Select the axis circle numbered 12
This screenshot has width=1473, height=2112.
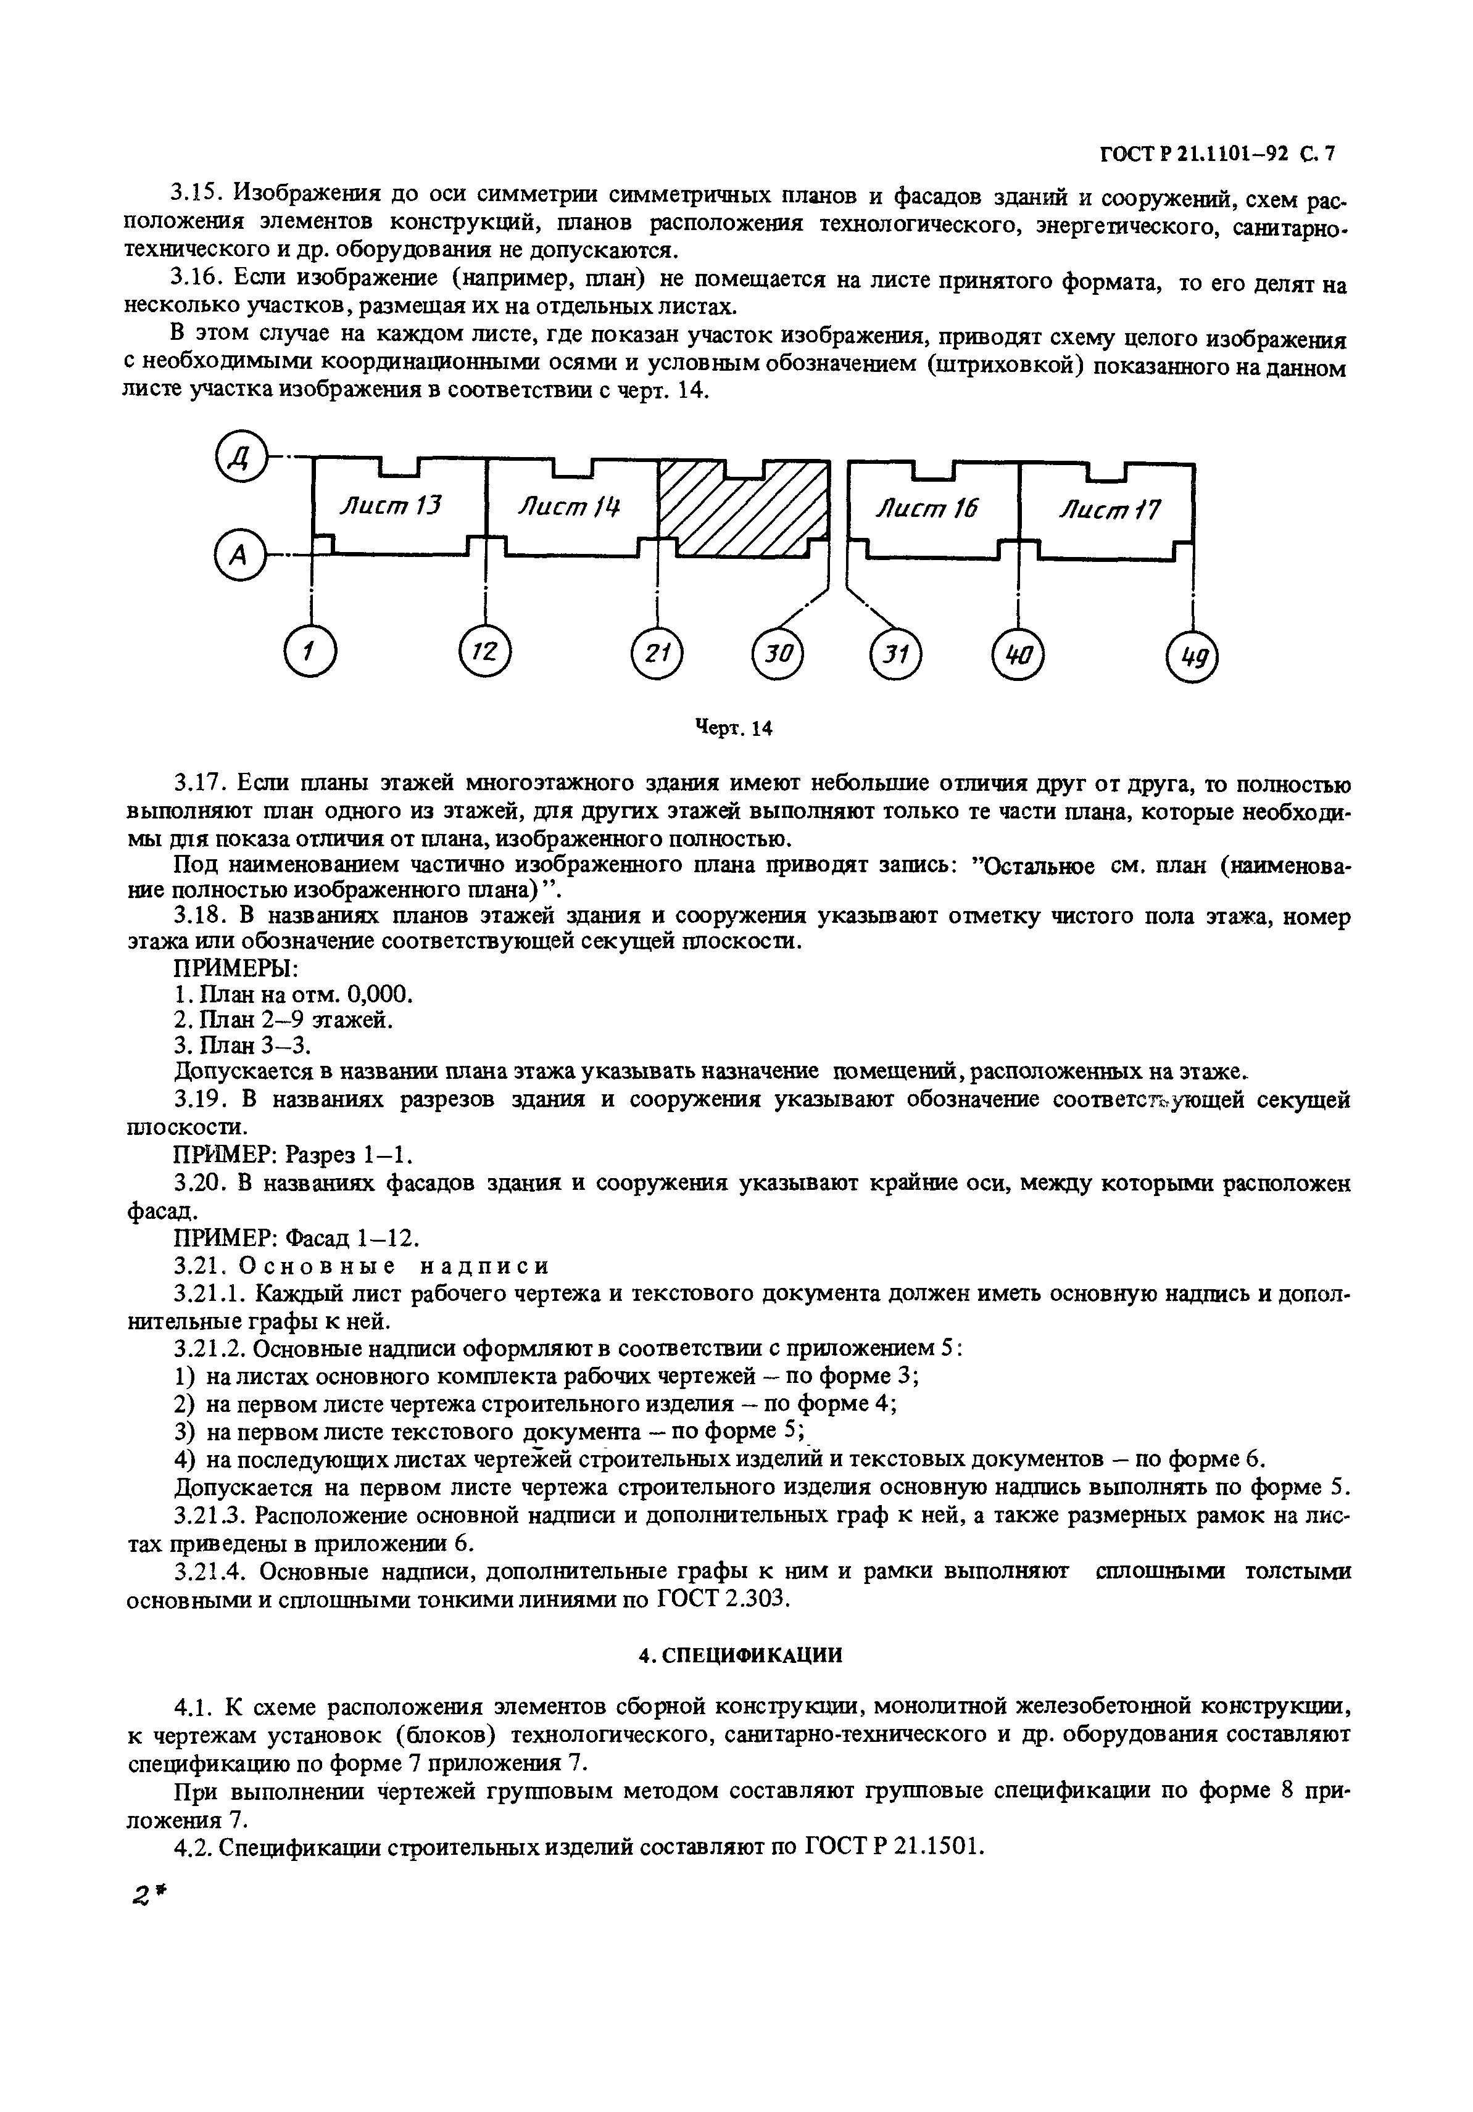tap(484, 652)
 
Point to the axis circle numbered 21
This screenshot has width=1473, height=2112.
tap(656, 654)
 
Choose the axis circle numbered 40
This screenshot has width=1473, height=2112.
tap(1018, 655)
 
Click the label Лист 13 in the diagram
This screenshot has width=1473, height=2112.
tap(391, 506)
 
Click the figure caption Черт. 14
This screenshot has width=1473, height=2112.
tap(733, 728)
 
